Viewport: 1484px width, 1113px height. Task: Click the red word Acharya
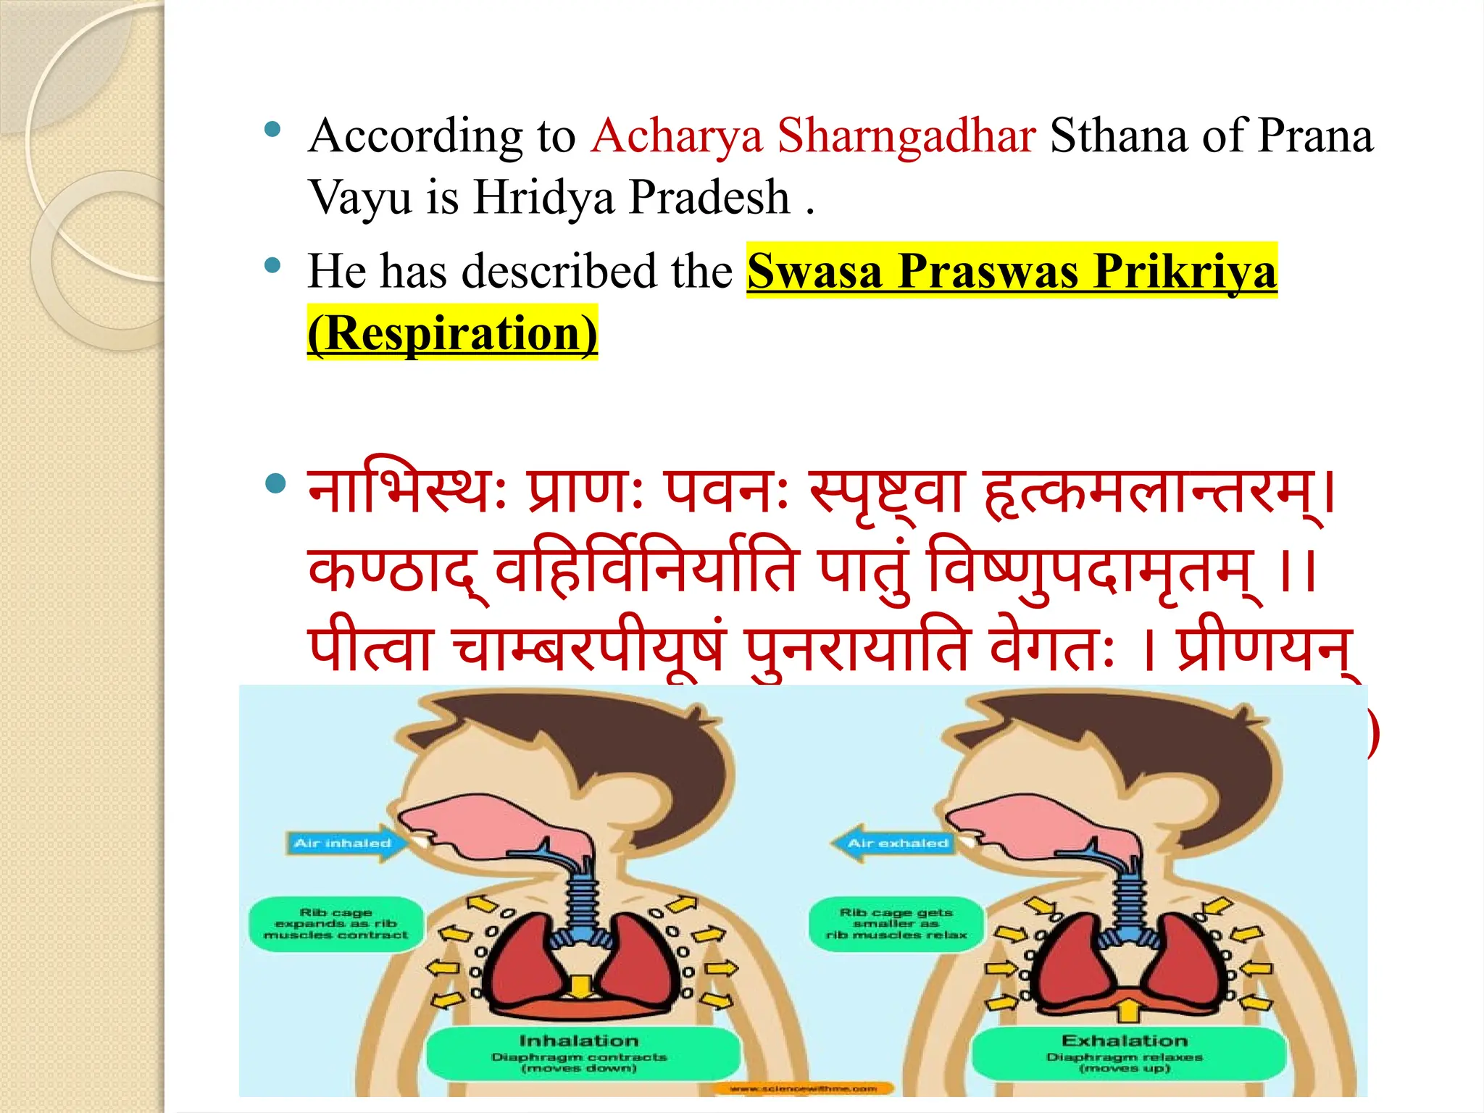pos(677,136)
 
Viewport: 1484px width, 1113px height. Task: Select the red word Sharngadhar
pos(906,136)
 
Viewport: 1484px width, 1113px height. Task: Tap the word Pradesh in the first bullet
pos(709,197)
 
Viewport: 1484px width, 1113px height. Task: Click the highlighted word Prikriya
pos(1184,272)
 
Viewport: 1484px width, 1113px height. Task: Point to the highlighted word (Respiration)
pos(452,333)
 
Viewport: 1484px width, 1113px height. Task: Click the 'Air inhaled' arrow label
pos(343,843)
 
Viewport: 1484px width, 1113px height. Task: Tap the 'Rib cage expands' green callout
pos(335,924)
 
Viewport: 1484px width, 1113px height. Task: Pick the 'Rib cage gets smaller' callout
pos(896,924)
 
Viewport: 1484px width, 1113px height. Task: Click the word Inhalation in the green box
pos(579,1041)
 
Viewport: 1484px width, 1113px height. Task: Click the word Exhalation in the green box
pos(1125,1041)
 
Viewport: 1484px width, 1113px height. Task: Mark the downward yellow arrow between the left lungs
pos(579,987)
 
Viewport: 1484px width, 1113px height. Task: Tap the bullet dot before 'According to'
pos(273,130)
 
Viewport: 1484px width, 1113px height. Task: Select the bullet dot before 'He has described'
pos(273,265)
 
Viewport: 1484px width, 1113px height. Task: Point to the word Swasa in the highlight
pos(814,272)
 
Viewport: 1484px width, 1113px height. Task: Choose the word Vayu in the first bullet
pos(359,197)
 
